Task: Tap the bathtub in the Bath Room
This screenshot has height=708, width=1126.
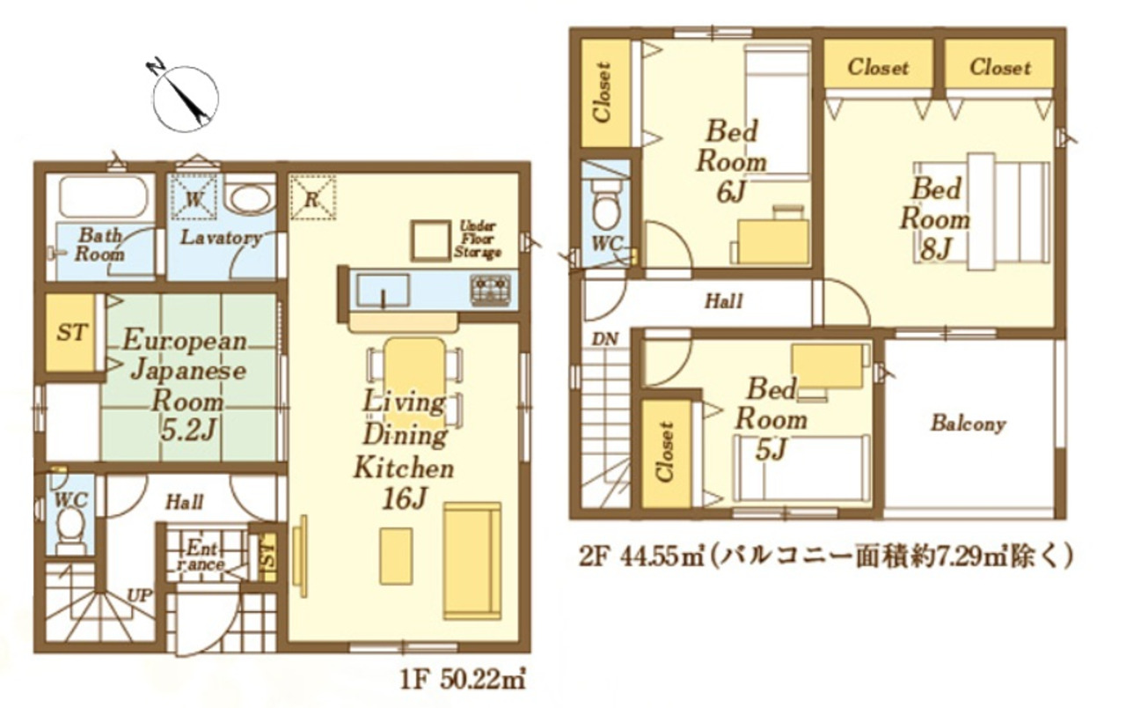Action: [104, 196]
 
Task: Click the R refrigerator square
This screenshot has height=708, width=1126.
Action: [312, 197]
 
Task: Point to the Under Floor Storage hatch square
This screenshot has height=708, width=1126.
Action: [430, 240]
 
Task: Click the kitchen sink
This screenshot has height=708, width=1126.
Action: [383, 291]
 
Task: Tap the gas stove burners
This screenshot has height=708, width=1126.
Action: [490, 290]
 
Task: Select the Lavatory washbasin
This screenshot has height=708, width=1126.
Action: [250, 196]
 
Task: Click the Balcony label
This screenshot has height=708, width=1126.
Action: [969, 424]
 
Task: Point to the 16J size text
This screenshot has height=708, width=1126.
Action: [405, 498]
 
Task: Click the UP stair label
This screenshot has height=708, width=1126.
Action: [139, 596]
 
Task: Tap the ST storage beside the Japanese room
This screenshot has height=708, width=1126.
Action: [71, 332]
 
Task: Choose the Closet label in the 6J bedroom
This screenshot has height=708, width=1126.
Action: [603, 92]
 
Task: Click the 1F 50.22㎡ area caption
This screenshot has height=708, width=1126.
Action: [463, 681]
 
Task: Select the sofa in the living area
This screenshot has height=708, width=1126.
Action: [472, 561]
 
